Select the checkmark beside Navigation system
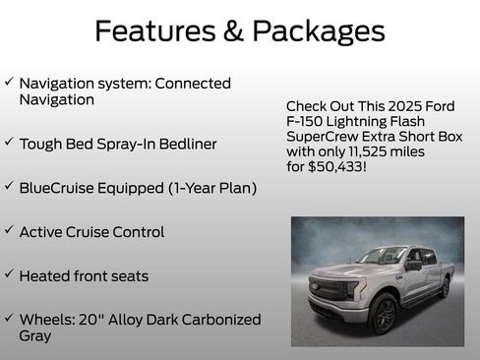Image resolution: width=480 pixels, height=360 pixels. click(9, 83)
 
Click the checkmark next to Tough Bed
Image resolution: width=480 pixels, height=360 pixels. click(9, 144)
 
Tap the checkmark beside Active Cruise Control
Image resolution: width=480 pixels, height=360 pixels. click(9, 231)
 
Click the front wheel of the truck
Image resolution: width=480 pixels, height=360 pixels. click(383, 313)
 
